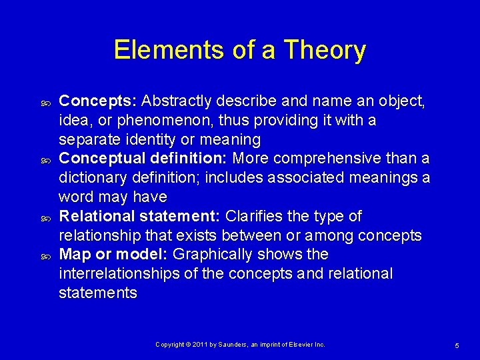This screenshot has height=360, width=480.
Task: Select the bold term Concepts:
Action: click(98, 101)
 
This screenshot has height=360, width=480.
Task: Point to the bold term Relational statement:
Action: click(141, 217)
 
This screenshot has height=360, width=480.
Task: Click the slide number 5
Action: click(457, 345)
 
